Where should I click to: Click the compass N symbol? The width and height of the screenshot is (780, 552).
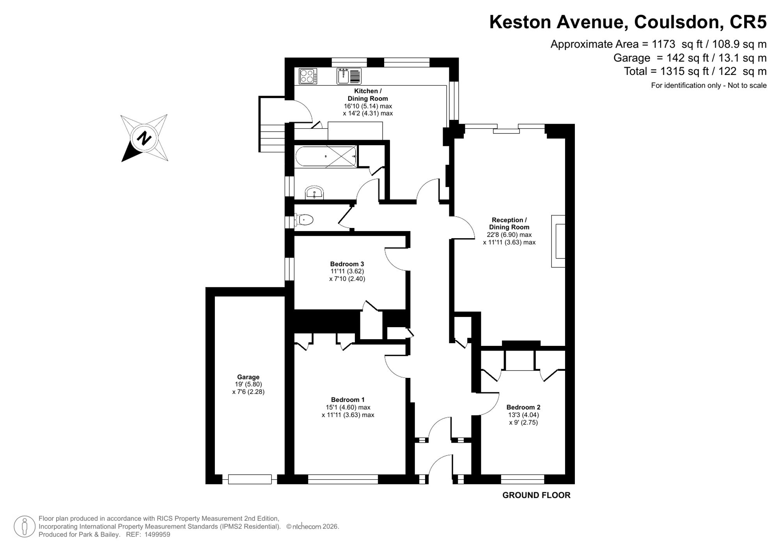coord(144,138)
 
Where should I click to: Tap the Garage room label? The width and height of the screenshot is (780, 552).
coord(248,377)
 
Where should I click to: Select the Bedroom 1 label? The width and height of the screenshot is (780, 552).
coord(347,400)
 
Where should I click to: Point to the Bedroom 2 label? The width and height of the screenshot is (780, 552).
coord(523,407)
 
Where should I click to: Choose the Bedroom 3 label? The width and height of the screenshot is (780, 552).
coord(347,264)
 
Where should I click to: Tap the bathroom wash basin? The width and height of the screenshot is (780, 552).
coord(314,193)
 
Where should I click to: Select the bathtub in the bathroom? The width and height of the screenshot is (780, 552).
coord(326,157)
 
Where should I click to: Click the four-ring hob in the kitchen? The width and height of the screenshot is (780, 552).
coord(308,76)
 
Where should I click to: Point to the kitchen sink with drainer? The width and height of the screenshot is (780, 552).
coord(349,76)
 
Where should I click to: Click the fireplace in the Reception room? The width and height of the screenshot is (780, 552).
coord(558,241)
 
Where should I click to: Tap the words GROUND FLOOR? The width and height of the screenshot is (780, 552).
coord(536,495)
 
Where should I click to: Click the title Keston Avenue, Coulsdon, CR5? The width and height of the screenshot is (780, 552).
coord(628,22)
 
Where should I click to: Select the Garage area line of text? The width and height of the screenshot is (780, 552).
coord(690,58)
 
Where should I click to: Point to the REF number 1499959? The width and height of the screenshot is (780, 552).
coord(157,535)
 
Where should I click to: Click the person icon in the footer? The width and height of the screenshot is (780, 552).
coord(25,527)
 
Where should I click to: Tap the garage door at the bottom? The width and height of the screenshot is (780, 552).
coord(250,479)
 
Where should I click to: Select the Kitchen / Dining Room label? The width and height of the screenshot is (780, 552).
coord(368,95)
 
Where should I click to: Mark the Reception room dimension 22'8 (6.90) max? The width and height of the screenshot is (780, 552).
coord(509,235)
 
